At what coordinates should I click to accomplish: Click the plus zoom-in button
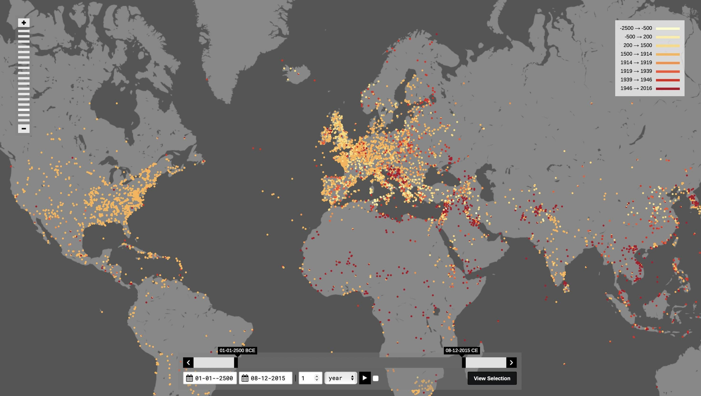[x=24, y=23]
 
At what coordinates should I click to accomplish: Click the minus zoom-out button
[x=24, y=128]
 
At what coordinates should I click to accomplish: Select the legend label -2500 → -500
[x=636, y=28]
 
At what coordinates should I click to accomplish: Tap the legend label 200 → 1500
[x=637, y=45]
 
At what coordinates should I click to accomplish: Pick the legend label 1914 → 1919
[x=636, y=63]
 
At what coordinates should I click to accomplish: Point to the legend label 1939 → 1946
[x=636, y=80]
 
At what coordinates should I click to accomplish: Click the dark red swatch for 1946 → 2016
[x=668, y=89]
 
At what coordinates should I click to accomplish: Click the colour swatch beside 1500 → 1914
[x=668, y=54]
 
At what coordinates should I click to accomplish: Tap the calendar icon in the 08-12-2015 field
[x=245, y=378]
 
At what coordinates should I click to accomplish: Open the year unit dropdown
[x=340, y=378]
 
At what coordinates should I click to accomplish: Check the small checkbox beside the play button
[x=375, y=378]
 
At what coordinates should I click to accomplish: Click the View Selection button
[x=492, y=378]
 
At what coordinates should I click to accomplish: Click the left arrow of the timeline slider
[x=188, y=363]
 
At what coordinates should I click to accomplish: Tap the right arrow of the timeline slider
[x=511, y=363]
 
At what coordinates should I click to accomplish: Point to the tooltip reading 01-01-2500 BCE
[x=237, y=350]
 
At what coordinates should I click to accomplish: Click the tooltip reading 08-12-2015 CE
[x=461, y=350]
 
